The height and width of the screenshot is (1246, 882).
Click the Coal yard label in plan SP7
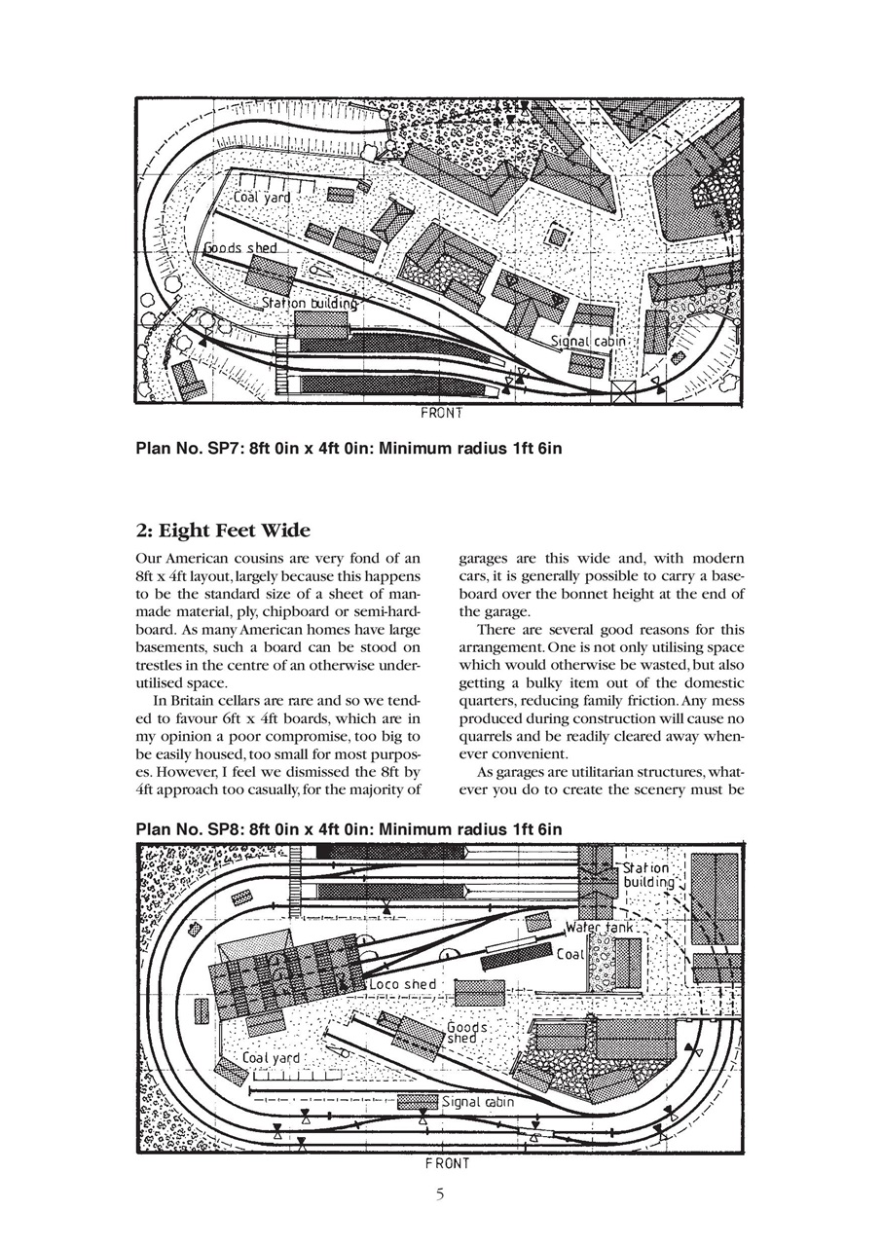point(262,198)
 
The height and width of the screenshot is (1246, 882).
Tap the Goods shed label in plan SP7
point(239,248)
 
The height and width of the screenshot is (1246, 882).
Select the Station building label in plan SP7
point(309,304)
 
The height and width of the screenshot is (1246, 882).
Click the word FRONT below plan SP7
point(441,413)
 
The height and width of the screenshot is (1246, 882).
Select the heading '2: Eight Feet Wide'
point(223,531)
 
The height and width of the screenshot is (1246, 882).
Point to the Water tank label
point(600,929)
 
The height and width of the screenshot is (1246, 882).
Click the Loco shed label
point(403,984)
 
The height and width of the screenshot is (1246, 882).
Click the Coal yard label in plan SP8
point(271,1057)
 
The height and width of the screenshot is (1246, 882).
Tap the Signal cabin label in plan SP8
point(477,1103)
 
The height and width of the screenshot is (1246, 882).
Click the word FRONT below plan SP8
point(447,1163)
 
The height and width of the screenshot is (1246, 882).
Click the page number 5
point(440,1194)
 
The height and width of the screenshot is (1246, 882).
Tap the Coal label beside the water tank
point(570,955)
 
